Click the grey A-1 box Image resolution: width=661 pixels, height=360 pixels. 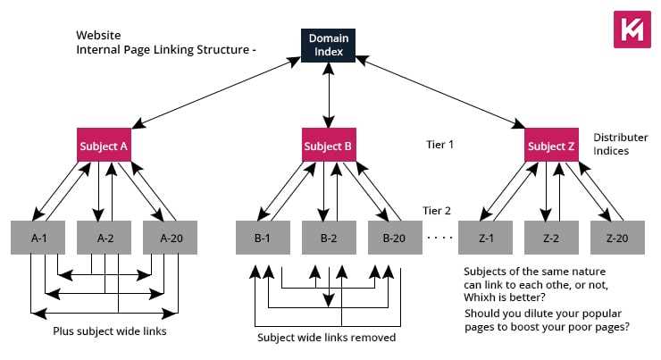(38, 238)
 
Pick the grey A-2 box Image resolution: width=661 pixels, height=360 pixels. (105, 238)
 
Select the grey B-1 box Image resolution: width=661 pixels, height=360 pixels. (262, 238)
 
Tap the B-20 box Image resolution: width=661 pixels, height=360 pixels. (394, 238)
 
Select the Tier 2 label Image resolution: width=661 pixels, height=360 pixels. (437, 212)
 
